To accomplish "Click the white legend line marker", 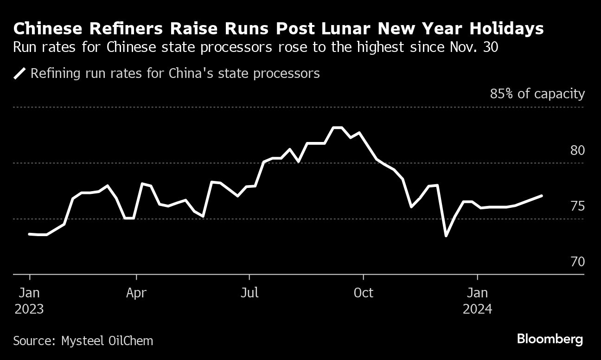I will click(20, 74).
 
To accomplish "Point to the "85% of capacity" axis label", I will click(537, 94).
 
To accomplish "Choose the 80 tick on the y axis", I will click(577, 151).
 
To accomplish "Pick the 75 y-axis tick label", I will click(577, 206).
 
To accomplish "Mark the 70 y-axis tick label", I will click(577, 262).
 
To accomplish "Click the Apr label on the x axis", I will click(136, 293).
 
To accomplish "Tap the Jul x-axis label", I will click(249, 293).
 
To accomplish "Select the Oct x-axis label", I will click(363, 293).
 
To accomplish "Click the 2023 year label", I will click(29, 309).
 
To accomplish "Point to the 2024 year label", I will click(477, 309).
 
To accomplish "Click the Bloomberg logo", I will click(550, 339).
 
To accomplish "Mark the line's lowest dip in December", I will click(446, 236).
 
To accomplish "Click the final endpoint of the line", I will click(542, 196).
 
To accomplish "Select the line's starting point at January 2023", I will click(30, 234).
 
